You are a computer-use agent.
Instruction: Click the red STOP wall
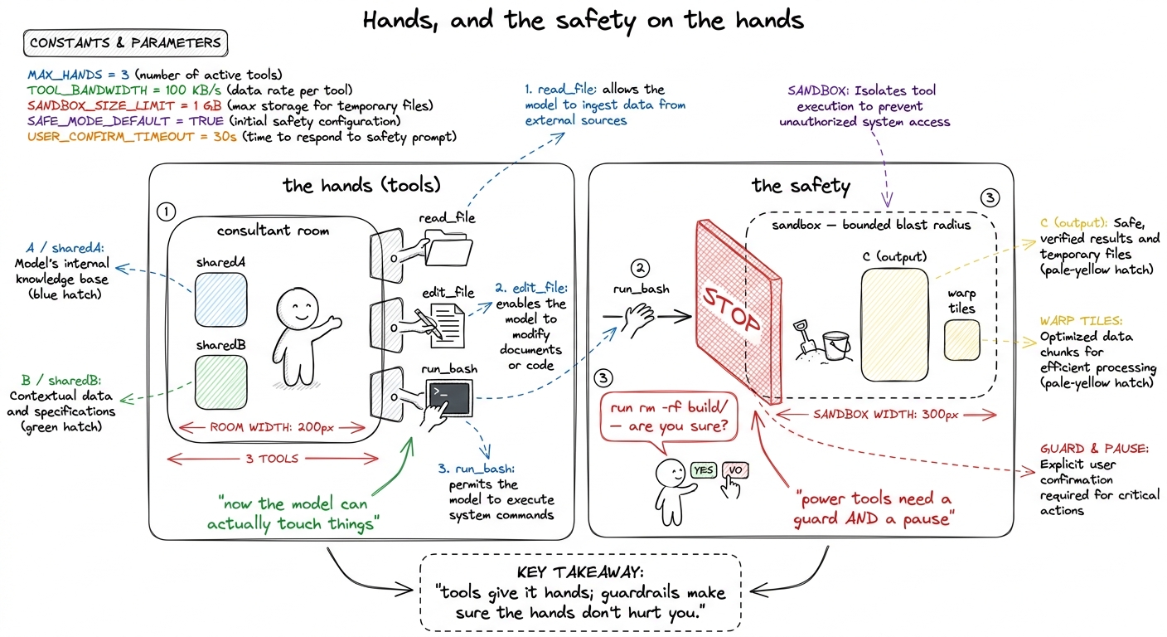point(738,313)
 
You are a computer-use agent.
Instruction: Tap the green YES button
point(704,470)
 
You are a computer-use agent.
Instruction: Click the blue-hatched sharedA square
point(221,300)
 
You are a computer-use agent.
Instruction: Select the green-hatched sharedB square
point(221,382)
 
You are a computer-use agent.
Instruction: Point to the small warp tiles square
point(961,340)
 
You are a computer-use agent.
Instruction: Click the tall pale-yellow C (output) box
point(894,325)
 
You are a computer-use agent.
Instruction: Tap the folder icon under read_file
point(448,249)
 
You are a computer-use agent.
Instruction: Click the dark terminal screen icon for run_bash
point(449,398)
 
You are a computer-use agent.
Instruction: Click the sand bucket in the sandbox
point(836,345)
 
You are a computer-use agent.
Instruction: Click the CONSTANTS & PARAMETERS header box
point(125,43)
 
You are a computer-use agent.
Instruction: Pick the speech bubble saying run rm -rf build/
point(669,417)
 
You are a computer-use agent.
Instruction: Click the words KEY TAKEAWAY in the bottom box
point(580,572)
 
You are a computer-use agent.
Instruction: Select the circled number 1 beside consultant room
point(167,212)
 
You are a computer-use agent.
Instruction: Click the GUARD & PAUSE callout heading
point(1094,449)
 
